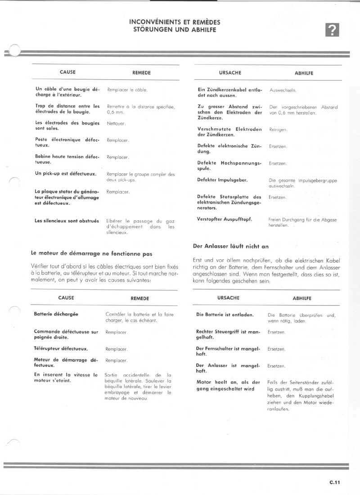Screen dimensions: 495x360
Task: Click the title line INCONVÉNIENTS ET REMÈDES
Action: [175, 22]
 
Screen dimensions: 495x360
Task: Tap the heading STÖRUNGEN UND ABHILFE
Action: [175, 30]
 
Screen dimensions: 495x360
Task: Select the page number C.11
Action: [334, 482]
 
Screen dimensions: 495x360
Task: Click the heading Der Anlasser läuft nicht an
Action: [230, 246]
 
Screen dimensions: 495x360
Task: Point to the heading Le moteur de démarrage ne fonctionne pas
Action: [91, 254]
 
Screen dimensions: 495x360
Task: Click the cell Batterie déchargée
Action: [56, 314]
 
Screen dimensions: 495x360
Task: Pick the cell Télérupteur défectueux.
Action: [61, 349]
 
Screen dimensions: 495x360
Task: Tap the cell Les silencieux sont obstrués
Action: [67, 221]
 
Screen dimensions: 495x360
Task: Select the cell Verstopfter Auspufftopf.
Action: [225, 219]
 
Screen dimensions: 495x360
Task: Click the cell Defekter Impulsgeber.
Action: [222, 180]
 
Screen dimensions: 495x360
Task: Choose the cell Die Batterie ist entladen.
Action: [225, 315]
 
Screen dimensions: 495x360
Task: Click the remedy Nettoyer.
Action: [116, 123]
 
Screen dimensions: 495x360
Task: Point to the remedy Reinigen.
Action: [278, 130]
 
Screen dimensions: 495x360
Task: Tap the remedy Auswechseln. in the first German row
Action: [283, 90]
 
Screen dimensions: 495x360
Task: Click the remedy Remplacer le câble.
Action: [127, 90]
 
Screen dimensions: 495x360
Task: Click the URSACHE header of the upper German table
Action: [230, 72]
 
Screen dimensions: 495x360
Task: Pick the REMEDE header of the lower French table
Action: [140, 298]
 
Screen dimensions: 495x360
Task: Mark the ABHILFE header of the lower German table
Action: [302, 298]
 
